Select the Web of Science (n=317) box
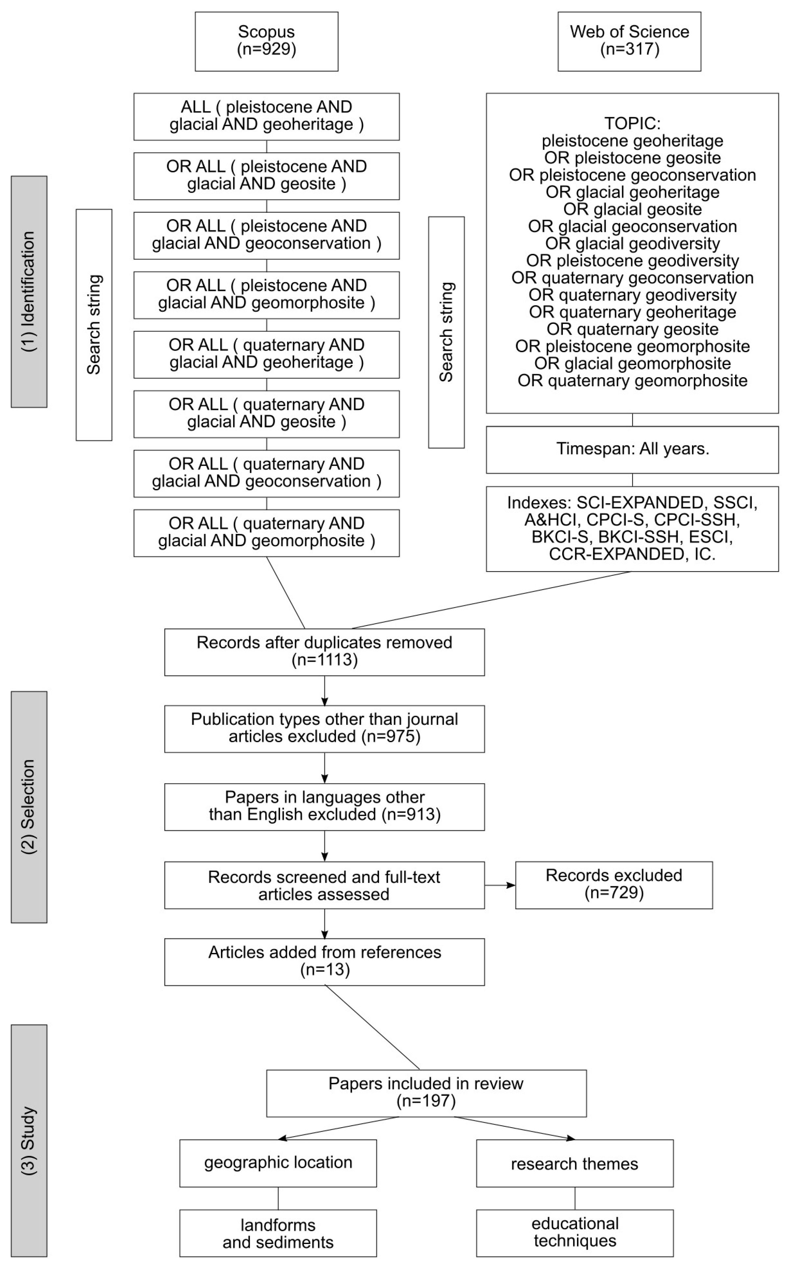pos(629,41)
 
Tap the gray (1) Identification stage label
pos(29,291)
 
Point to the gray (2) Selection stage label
pos(29,807)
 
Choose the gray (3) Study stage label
pos(29,1141)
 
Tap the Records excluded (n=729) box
pos(614,885)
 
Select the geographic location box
pos(278,1163)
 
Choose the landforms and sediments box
pos(278,1233)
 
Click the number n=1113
pos(324,660)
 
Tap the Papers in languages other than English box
pos(324,806)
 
